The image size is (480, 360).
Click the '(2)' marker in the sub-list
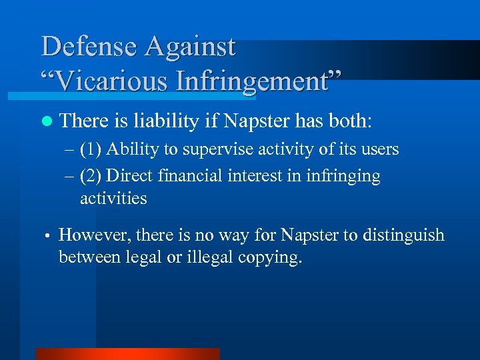[91, 177]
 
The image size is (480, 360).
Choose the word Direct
[129, 176]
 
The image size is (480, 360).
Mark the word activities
[113, 198]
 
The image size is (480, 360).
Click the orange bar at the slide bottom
[127, 354]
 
